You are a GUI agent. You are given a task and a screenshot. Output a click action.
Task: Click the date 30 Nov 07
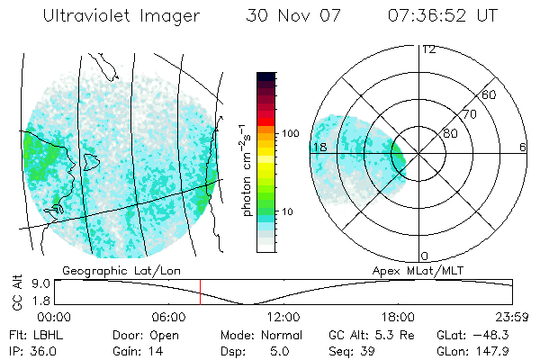coord(284,17)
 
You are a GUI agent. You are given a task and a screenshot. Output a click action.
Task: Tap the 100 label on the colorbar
coord(290,133)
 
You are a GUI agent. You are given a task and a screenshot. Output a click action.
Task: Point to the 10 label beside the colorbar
coord(287,211)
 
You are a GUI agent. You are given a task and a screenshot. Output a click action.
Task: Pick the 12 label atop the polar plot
coord(429,49)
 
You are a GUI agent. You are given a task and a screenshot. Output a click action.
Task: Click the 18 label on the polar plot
coord(319,147)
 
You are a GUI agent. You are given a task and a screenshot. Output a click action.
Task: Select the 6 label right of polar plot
coord(522,147)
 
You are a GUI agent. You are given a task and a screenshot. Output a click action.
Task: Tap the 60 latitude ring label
coord(490,94)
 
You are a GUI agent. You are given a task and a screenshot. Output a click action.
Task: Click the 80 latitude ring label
coord(450,134)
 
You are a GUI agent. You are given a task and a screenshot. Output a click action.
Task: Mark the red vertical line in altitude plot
coord(200,292)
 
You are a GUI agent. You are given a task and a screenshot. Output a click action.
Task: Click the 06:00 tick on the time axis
coord(168,317)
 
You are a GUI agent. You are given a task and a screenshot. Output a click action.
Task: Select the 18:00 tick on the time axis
coord(399,317)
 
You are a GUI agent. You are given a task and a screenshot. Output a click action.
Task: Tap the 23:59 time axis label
coord(513,317)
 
